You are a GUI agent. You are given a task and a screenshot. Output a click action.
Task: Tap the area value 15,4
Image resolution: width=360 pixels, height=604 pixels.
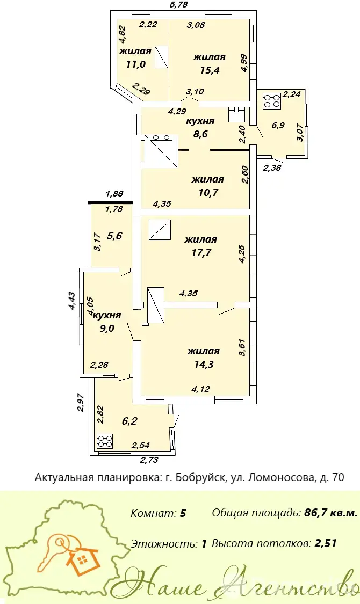(210, 70)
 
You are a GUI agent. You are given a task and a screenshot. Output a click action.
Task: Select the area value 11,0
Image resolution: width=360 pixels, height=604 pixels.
(136, 64)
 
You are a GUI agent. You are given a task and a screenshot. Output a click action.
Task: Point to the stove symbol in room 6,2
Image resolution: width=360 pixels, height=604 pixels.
(105, 441)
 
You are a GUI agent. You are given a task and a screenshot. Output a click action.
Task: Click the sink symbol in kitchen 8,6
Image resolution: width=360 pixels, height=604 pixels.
(235, 114)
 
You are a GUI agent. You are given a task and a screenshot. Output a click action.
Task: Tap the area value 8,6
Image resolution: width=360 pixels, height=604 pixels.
(200, 134)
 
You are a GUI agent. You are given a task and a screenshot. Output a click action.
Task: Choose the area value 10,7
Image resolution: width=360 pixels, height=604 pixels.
(208, 192)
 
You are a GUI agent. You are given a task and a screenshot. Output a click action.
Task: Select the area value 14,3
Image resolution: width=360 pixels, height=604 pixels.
(204, 364)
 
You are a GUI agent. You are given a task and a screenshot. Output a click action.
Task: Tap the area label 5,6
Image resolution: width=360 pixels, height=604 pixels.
(114, 235)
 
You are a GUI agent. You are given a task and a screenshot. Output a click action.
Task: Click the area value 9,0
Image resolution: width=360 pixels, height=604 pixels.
(107, 328)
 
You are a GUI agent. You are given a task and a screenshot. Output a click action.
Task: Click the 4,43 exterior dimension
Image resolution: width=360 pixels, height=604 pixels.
(71, 301)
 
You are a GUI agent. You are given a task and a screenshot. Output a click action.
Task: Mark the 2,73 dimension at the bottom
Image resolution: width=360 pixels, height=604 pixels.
(149, 460)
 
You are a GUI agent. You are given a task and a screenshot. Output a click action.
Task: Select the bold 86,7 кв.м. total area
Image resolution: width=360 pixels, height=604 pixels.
(330, 513)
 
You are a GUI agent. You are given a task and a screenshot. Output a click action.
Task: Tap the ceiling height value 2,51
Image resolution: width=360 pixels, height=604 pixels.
(326, 543)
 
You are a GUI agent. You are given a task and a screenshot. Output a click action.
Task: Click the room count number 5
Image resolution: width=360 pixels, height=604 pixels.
(183, 513)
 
